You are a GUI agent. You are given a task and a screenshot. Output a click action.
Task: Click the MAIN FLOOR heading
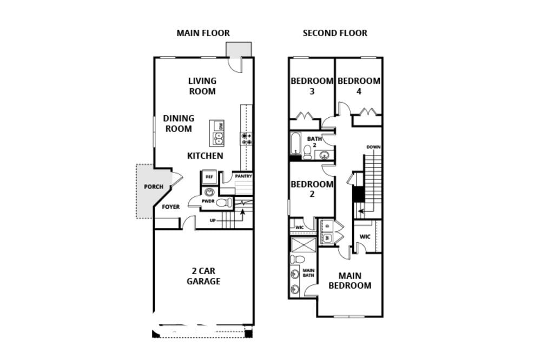203,33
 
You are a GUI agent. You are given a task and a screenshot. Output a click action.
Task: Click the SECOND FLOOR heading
335,33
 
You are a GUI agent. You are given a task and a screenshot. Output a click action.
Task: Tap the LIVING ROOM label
202,86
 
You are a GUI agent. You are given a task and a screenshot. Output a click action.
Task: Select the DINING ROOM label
179,123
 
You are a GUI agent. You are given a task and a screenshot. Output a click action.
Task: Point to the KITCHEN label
205,156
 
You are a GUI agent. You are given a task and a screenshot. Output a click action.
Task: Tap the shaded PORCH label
153,187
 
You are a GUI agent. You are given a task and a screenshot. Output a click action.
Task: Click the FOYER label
171,207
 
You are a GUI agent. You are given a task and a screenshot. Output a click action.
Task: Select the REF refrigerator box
209,177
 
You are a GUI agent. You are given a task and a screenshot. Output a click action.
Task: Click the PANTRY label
243,176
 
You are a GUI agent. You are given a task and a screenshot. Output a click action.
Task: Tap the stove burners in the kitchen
247,138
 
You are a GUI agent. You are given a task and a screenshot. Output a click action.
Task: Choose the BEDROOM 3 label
312,86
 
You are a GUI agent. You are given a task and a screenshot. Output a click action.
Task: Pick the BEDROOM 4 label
359,86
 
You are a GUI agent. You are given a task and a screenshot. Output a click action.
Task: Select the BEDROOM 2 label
312,189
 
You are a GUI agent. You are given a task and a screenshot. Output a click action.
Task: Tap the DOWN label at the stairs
373,147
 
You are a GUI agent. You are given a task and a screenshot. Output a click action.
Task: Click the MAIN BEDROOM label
349,281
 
